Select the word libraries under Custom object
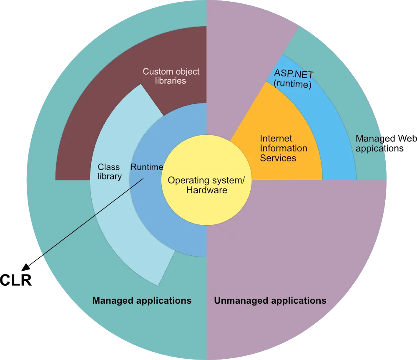[x=171, y=81]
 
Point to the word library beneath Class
[x=110, y=176]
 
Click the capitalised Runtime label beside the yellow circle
[x=147, y=167]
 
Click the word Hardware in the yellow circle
[x=206, y=190]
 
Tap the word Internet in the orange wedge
[x=276, y=138]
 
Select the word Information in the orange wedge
[x=284, y=148]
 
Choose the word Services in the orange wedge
[x=278, y=158]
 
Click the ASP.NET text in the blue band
[x=294, y=74]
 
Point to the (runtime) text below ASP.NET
[x=293, y=84]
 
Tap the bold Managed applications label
[x=142, y=300]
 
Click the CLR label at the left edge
[x=17, y=280]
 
